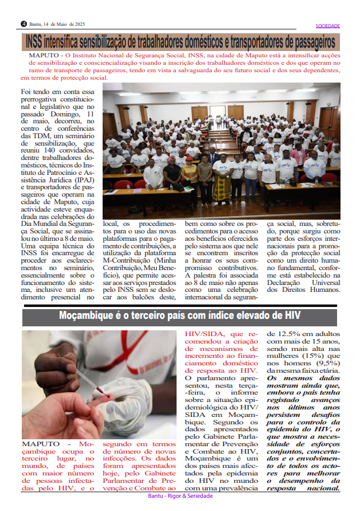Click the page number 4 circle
[x=24, y=24]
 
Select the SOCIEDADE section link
[x=328, y=26]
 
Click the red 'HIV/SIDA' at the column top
[x=205, y=334]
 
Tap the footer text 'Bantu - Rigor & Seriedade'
[x=180, y=496]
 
